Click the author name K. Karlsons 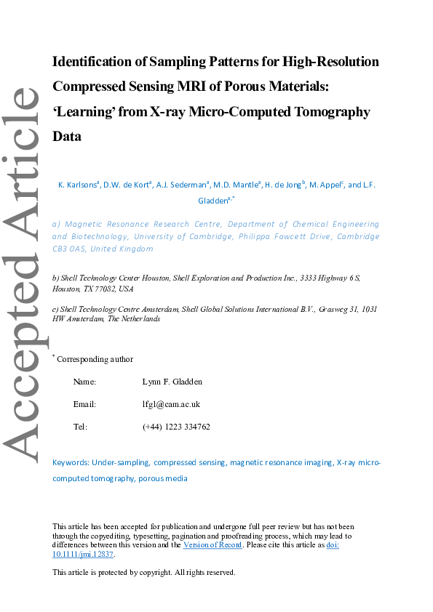(x=78, y=185)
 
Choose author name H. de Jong (x=284, y=185)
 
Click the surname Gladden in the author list (x=212, y=201)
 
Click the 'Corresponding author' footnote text (x=95, y=359)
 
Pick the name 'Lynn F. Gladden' (x=172, y=382)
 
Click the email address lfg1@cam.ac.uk (x=171, y=404)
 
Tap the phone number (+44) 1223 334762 (x=176, y=427)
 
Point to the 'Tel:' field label (x=80, y=427)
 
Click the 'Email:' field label (x=84, y=404)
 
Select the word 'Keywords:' (x=71, y=462)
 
